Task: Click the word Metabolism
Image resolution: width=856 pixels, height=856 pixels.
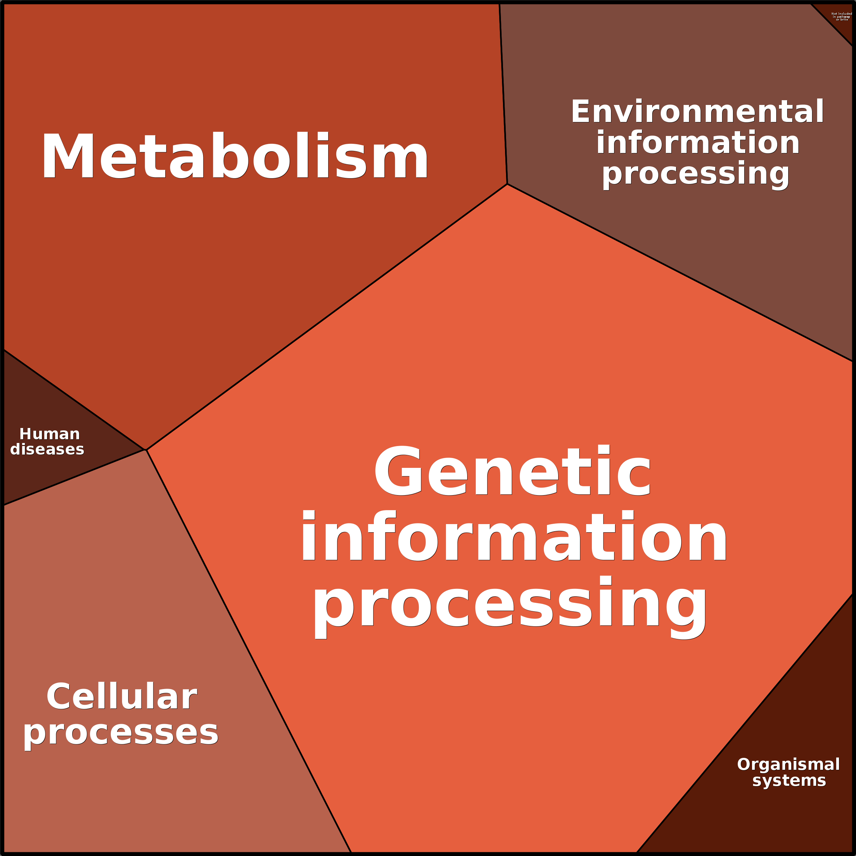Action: (235, 156)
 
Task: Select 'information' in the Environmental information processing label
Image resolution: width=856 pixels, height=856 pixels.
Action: (698, 143)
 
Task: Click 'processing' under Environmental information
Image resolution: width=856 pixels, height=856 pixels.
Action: (695, 174)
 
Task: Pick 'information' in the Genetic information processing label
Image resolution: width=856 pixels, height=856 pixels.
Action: (514, 537)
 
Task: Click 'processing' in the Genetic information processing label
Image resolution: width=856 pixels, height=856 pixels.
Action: (509, 603)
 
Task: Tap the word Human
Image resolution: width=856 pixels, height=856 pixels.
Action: (50, 434)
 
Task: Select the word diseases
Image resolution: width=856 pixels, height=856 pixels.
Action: (47, 449)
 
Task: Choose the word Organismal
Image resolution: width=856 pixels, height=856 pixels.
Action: (788, 764)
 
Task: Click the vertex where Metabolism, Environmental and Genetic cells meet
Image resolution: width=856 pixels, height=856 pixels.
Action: (507, 184)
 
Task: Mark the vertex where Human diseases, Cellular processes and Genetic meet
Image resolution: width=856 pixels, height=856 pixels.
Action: (146, 450)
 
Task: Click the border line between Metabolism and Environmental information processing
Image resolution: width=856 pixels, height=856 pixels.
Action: (503, 93)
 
